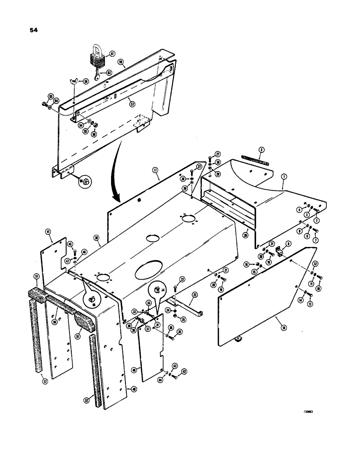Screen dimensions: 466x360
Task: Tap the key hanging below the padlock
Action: (97, 76)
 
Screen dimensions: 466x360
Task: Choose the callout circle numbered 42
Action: (184, 371)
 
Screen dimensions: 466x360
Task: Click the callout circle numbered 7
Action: (315, 240)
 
